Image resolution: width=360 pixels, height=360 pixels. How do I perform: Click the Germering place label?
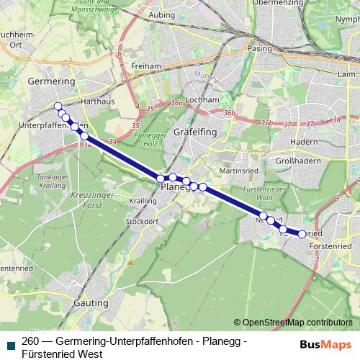pyautogui.click(x=51, y=82)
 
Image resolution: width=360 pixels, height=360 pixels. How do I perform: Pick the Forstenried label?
pyautogui.click(x=329, y=246)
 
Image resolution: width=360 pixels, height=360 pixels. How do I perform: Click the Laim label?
pyautogui.click(x=347, y=73)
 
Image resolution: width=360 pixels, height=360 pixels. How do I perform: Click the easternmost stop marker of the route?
pyautogui.click(x=302, y=233)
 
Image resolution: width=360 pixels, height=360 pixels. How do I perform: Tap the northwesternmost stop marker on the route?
pyautogui.click(x=58, y=107)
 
